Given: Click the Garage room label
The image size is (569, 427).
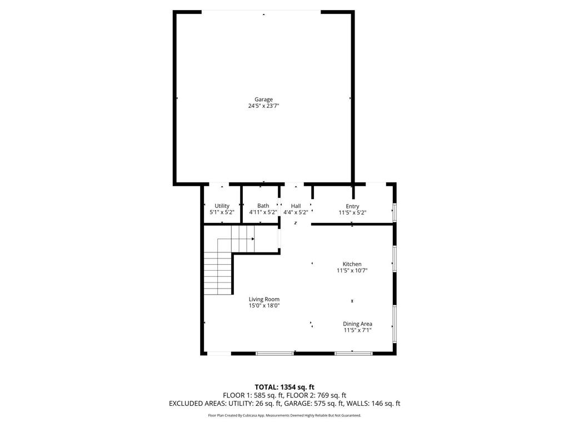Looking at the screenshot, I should [263, 100].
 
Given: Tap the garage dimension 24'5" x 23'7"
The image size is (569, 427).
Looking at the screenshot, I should [263, 106].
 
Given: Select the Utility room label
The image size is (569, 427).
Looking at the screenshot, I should [222, 206].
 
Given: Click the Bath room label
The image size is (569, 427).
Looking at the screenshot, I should [263, 206].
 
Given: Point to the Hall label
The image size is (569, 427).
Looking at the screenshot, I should [296, 206].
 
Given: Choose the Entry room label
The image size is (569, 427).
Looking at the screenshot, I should [352, 206].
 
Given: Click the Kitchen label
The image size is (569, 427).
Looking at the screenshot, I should [352, 264].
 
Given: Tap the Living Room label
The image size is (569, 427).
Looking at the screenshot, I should [264, 299].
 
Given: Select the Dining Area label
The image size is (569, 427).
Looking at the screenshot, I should [357, 324].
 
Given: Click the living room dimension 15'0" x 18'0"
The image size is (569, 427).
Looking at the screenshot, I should [264, 305].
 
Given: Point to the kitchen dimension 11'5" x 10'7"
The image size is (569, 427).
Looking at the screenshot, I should [352, 271].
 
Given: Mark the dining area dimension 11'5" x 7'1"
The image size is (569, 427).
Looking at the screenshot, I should [357, 330].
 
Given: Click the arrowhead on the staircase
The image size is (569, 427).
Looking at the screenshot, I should [253, 239].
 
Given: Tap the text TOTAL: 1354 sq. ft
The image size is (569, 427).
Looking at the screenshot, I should [284, 387].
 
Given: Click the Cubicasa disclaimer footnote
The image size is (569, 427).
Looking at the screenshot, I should [284, 415].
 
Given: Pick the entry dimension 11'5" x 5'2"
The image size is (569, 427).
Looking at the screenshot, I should [352, 212].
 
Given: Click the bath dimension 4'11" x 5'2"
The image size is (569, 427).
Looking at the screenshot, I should [263, 212].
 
